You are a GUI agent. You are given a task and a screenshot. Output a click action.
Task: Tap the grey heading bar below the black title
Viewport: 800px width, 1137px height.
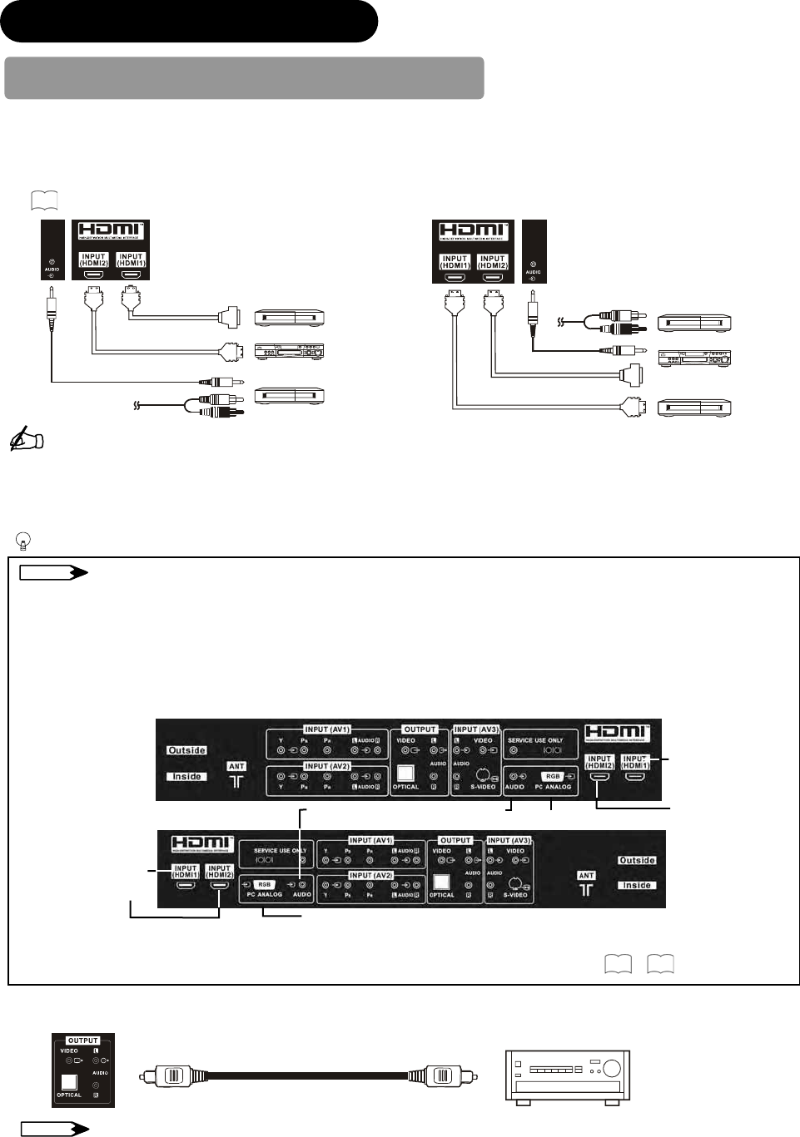point(244,78)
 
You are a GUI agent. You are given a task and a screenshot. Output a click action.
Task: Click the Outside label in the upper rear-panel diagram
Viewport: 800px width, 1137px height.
point(186,750)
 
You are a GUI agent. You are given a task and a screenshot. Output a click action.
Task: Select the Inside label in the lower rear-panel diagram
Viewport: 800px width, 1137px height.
point(636,885)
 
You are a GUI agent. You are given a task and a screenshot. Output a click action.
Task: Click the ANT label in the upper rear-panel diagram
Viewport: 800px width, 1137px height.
point(236,766)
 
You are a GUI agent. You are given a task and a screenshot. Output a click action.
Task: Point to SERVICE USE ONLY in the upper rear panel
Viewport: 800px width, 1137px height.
point(535,740)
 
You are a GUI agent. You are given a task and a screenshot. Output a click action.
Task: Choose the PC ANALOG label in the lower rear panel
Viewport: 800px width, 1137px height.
point(264,894)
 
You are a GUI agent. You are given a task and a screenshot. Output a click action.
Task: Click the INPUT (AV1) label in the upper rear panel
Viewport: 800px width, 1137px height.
point(327,729)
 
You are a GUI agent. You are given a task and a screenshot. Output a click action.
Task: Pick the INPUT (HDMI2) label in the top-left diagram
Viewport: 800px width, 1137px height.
point(93,260)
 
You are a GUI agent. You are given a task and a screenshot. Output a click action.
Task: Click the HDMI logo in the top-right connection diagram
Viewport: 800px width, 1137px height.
point(472,231)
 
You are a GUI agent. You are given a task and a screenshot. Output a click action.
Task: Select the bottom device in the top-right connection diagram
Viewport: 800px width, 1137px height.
point(694,408)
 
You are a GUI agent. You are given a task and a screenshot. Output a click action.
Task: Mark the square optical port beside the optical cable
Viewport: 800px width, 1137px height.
point(69,1081)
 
